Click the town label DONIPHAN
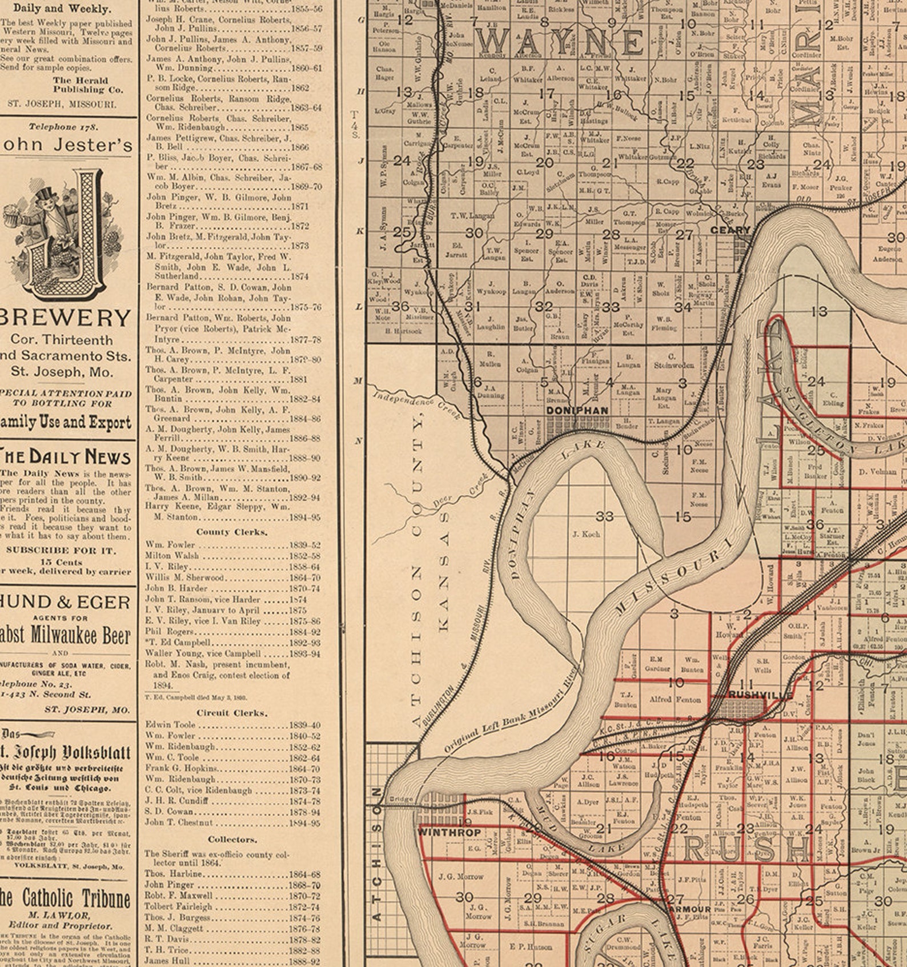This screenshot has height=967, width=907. [x=577, y=411]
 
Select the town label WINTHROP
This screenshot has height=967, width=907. [x=449, y=832]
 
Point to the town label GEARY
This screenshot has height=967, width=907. [x=730, y=230]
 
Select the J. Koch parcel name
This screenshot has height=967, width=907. [x=586, y=534]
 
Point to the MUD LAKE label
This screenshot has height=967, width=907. [x=577, y=833]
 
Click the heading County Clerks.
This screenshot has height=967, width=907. [x=231, y=532]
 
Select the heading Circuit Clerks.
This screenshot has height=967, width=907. [x=231, y=713]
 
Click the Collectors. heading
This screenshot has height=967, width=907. [x=231, y=839]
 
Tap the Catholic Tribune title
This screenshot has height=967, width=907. [x=66, y=899]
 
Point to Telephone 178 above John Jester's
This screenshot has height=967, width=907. [x=63, y=127]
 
